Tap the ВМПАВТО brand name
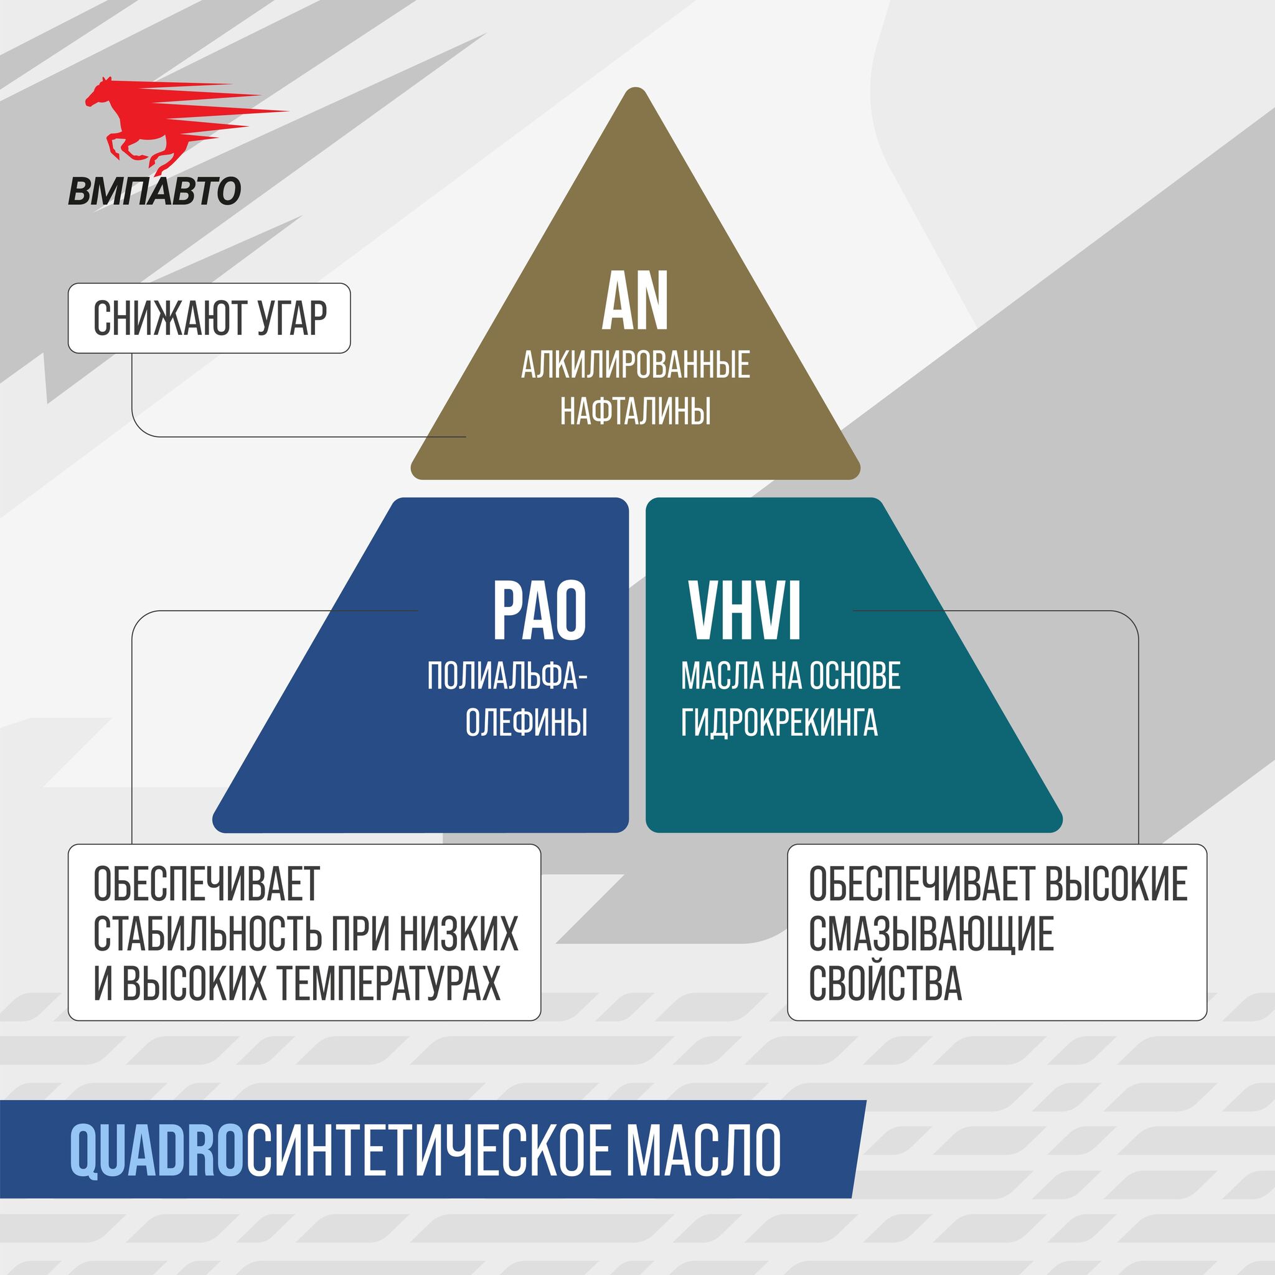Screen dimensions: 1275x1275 (x=154, y=191)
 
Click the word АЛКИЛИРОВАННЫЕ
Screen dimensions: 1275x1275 (x=636, y=365)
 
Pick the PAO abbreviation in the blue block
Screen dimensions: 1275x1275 (x=540, y=611)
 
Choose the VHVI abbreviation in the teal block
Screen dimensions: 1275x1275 (x=745, y=611)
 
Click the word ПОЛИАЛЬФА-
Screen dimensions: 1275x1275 (x=507, y=677)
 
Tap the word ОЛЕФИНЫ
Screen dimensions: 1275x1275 (x=526, y=722)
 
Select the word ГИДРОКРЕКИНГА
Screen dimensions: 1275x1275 (x=779, y=722)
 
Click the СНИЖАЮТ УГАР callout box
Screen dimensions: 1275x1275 (x=209, y=318)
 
